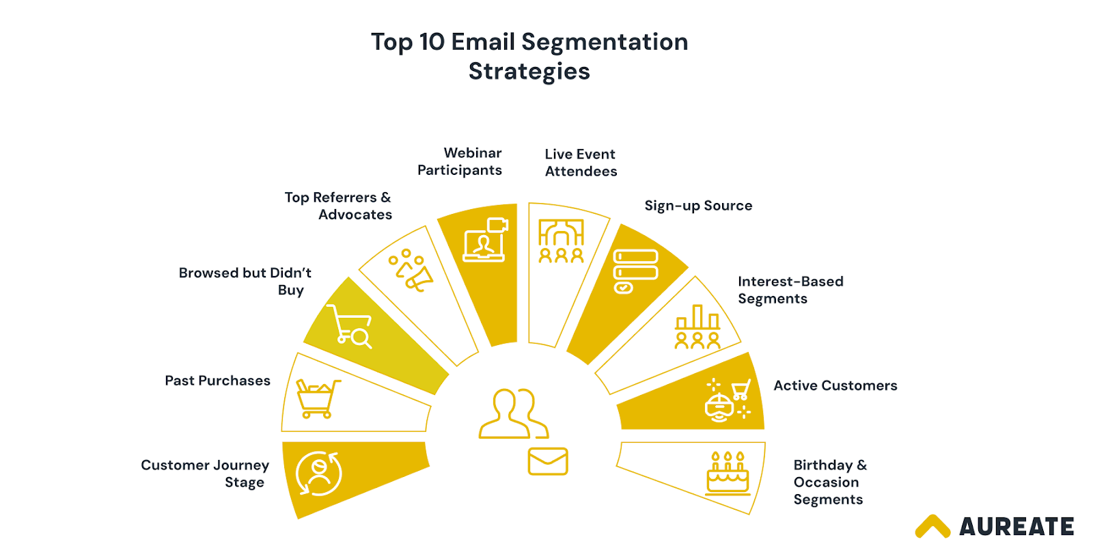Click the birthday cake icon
728,473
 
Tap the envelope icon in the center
548,461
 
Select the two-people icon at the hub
513,413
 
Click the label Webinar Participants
460,161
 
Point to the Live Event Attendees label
581,163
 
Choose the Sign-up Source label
698,206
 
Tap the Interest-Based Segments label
790,290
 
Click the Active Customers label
835,385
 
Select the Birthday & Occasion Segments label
829,482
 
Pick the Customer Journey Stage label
205,474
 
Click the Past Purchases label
217,381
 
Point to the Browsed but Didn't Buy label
245,281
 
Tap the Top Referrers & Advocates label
338,206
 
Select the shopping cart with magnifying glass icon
350,326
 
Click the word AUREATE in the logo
1016,527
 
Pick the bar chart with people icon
697,327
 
